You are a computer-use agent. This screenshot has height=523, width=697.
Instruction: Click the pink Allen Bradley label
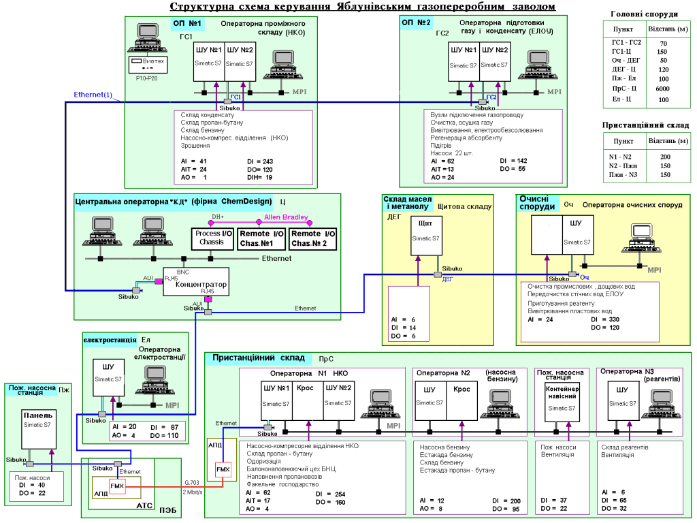click(x=286, y=218)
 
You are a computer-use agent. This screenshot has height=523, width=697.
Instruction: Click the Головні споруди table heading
click(x=643, y=14)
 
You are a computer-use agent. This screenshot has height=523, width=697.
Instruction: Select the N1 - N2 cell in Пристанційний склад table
click(x=621, y=157)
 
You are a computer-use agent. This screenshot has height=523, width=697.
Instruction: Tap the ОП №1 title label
click(x=186, y=24)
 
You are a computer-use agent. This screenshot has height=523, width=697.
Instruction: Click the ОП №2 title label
click(x=417, y=24)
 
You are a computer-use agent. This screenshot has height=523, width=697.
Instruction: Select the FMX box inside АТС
click(x=117, y=486)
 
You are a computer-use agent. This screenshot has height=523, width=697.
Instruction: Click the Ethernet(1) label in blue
click(x=93, y=95)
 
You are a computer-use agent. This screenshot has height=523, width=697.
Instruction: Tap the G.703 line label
click(x=191, y=484)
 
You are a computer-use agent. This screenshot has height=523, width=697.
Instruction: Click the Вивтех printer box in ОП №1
click(x=148, y=62)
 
